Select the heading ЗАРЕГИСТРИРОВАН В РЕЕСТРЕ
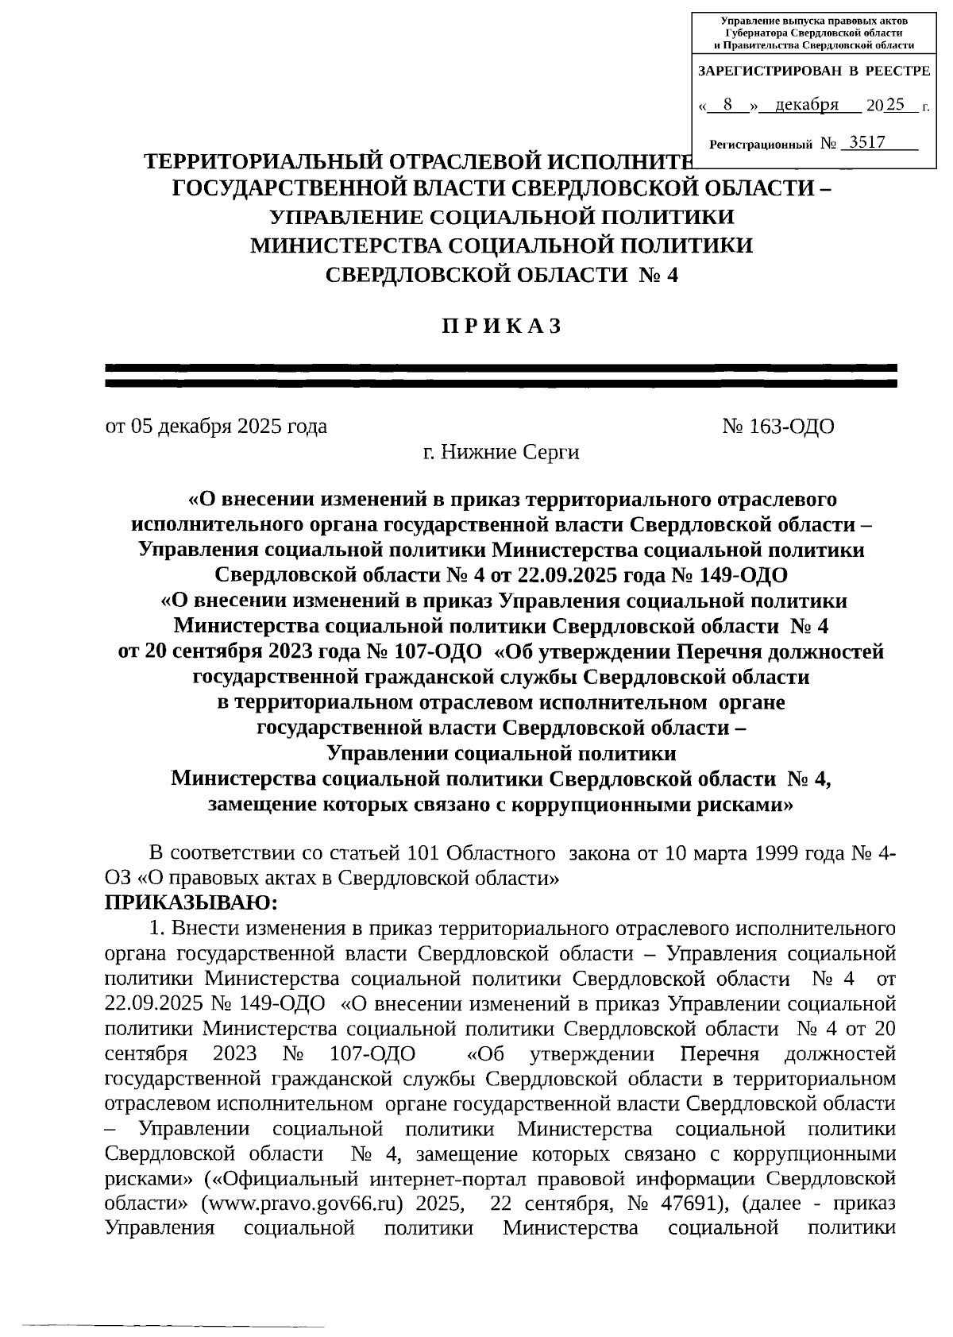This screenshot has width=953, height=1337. click(x=814, y=71)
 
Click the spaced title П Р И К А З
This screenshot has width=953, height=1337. click(x=501, y=327)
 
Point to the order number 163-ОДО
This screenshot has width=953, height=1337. click(x=791, y=427)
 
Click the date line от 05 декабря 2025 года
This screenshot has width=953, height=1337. click(x=216, y=427)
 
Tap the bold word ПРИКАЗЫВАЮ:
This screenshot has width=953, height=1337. click(x=191, y=903)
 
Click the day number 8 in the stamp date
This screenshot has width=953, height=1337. click(x=727, y=105)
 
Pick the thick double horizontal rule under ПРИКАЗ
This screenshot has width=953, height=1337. click(x=501, y=376)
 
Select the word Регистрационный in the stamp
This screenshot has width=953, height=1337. click(x=760, y=145)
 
